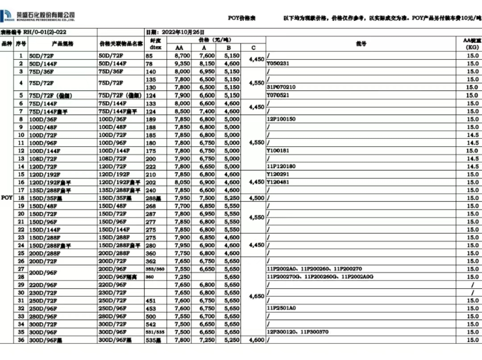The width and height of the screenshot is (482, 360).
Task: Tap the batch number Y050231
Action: (278, 63)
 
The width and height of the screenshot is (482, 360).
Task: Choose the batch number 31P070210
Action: (281, 87)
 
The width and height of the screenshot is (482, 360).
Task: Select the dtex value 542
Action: (151, 324)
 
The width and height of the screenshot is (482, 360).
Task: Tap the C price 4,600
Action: (257, 340)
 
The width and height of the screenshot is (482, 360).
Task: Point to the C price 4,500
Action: (257, 198)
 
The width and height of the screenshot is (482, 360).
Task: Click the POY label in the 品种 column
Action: (7, 197)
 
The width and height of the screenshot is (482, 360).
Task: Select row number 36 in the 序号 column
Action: (21, 340)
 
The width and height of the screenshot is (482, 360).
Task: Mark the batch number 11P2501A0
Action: (281, 308)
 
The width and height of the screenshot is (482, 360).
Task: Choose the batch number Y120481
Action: (278, 182)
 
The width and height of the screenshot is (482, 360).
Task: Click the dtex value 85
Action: (149, 56)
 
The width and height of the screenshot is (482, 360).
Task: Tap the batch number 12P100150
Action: (281, 119)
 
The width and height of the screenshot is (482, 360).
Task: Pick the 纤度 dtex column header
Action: (156, 44)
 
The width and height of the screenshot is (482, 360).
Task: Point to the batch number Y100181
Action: (278, 151)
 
